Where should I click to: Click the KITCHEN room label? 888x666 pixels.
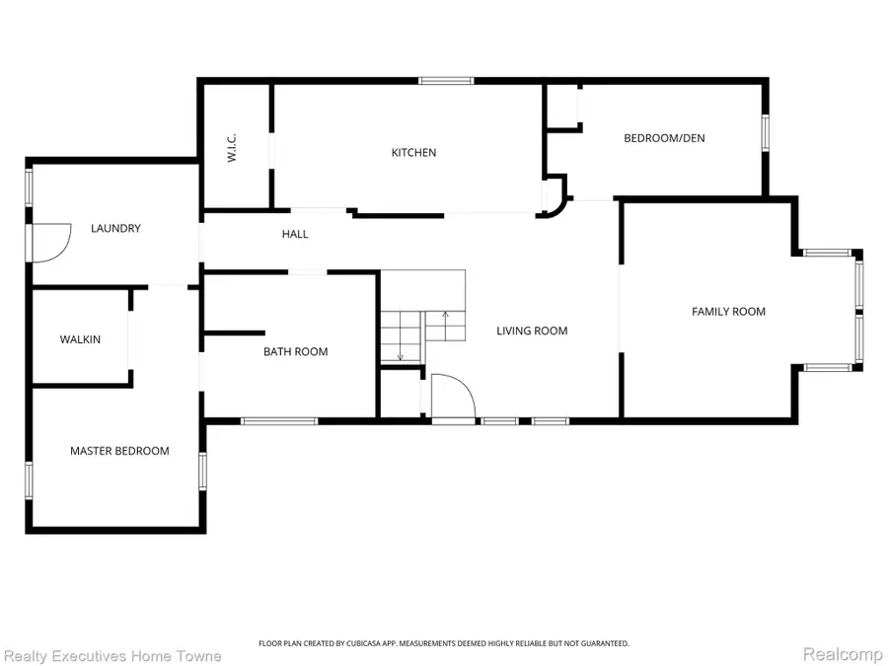[413, 152]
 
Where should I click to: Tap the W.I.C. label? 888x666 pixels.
[232, 148]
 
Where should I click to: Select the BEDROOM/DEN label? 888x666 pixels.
[664, 138]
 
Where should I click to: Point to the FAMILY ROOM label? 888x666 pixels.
[728, 312]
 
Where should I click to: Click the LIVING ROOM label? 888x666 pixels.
[532, 331]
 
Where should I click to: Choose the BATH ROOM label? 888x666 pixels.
[296, 351]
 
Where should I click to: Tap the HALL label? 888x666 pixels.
[295, 234]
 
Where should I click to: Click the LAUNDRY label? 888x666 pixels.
[115, 228]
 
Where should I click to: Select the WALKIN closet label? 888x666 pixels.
[81, 339]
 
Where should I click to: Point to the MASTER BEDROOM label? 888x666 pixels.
[119, 451]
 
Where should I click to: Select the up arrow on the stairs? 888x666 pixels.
[445, 325]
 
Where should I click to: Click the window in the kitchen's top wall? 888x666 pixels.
[446, 81]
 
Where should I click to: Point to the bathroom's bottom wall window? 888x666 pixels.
[279, 420]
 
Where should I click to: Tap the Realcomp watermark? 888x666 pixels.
[844, 654]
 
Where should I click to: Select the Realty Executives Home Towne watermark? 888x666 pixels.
[112, 656]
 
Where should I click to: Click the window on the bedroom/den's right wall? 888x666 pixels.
[765, 132]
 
